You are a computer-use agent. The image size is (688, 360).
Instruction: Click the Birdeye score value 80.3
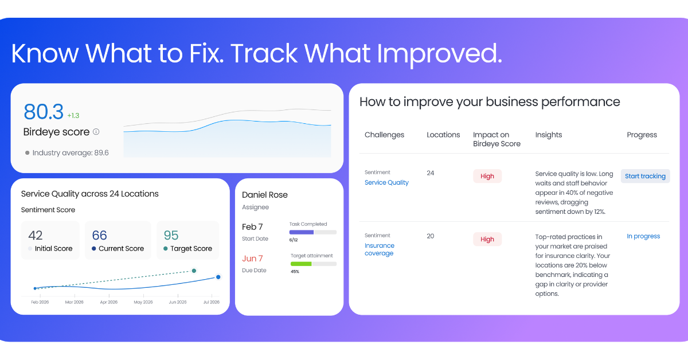(44, 112)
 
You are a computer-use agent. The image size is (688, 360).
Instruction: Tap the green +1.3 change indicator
(73, 115)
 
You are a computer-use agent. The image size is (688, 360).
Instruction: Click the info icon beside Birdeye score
(96, 132)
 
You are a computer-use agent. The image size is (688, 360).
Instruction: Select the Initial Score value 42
(36, 235)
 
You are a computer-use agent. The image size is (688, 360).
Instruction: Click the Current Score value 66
(100, 235)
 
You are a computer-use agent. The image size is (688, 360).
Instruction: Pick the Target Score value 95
(171, 235)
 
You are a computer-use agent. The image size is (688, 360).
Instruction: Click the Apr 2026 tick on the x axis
(109, 302)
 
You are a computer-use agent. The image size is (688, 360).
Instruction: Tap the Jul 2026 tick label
(212, 302)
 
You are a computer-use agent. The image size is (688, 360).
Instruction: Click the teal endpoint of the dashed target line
(194, 271)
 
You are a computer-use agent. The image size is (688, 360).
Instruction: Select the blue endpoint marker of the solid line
(218, 277)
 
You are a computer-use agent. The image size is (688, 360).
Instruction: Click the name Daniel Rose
(265, 195)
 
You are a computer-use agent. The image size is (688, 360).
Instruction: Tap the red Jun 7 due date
(252, 259)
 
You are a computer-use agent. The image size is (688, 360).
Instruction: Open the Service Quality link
(386, 182)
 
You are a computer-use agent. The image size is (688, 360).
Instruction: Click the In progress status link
(643, 236)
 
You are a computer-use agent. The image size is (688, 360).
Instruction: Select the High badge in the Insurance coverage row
(487, 239)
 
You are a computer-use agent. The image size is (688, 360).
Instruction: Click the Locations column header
(443, 135)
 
